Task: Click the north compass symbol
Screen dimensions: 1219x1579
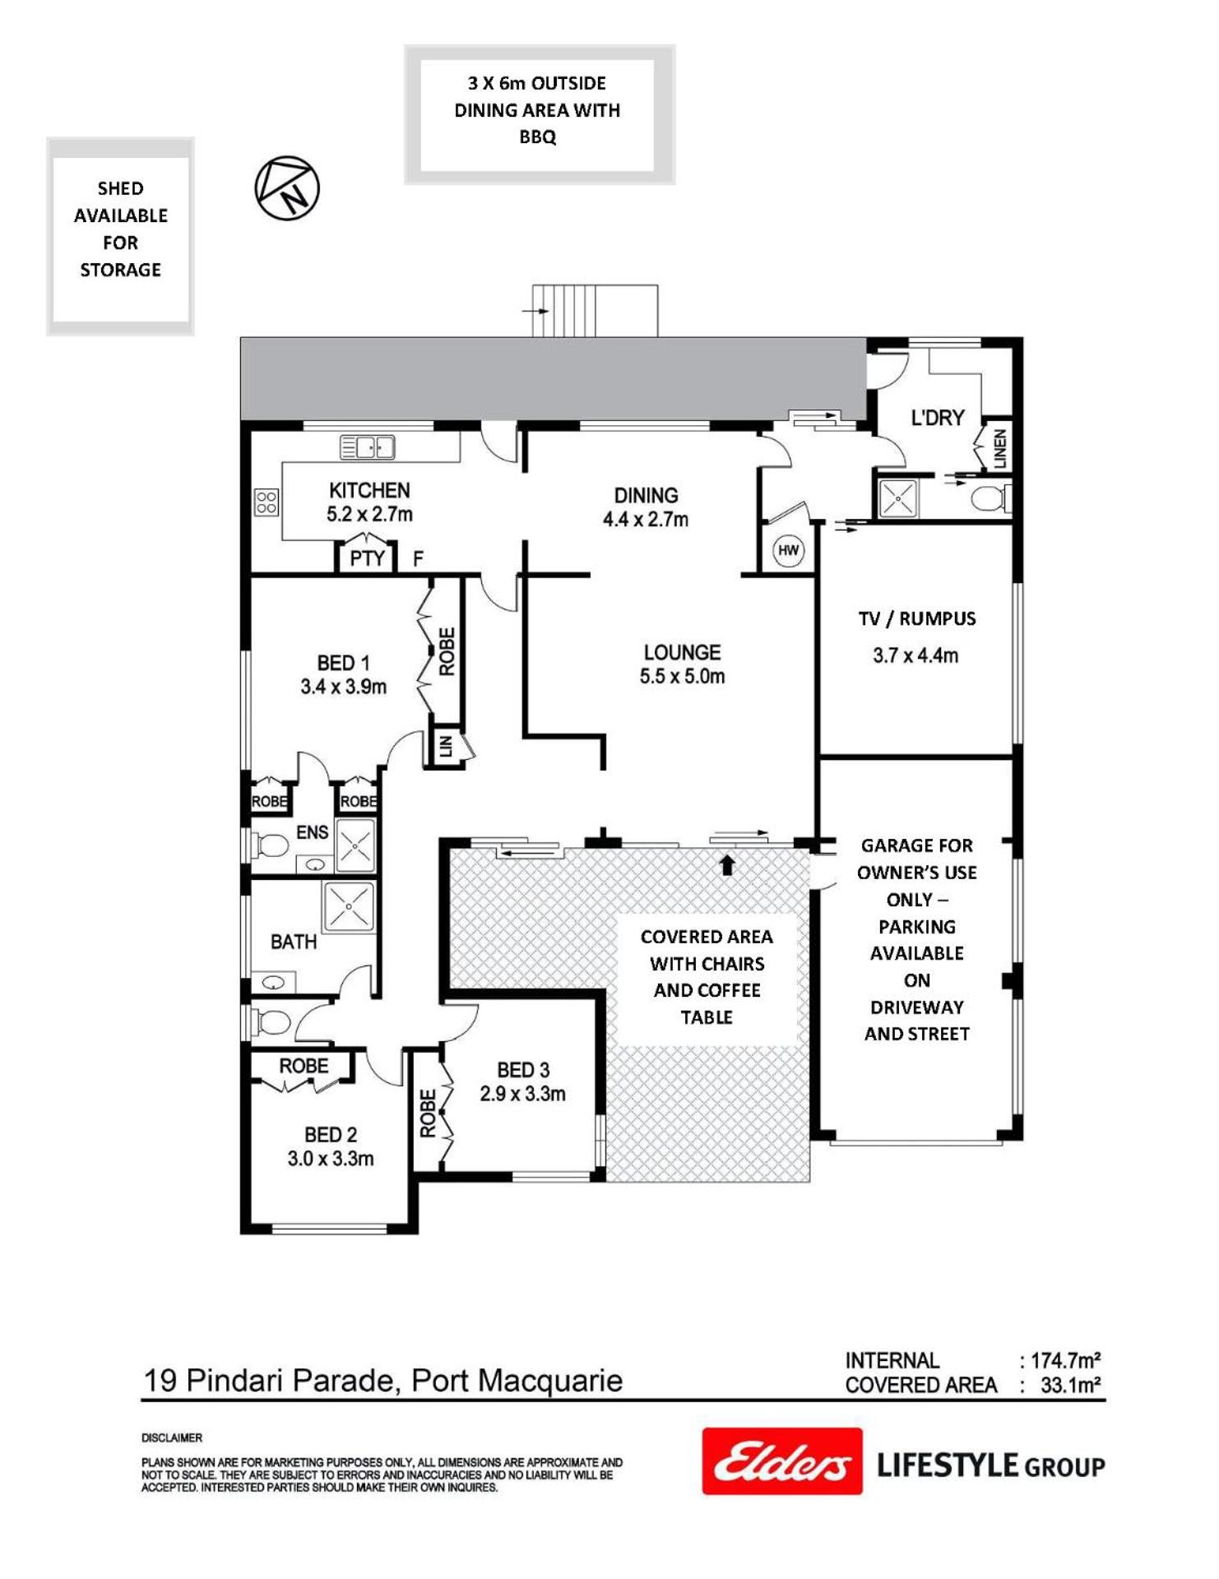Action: coord(287,188)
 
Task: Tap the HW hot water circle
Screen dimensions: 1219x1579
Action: coord(788,550)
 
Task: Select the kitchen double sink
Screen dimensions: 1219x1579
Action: coord(368,447)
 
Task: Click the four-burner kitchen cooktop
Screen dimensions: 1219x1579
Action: coord(267,502)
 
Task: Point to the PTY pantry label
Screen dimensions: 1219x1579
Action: coord(367,558)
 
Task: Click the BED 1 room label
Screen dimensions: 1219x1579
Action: coord(343,663)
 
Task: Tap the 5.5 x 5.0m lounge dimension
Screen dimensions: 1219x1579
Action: coord(682,677)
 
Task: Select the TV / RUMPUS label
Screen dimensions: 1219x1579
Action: coord(917,618)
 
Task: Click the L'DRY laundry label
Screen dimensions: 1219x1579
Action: coord(938,418)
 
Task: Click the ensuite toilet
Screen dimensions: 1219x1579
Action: coord(271,845)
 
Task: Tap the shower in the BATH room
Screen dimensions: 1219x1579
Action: coord(350,906)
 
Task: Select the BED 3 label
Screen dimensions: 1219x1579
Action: coord(523,1070)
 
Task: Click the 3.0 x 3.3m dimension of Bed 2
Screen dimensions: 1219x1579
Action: coord(331,1159)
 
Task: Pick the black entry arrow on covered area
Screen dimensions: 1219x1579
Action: coord(727,864)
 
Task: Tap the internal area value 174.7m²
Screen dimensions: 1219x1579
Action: coord(1066,1361)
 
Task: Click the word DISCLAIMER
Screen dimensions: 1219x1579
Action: coord(172,1438)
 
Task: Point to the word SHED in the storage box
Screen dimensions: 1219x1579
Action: coord(121,188)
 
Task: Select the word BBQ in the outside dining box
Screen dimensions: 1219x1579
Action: coord(537,137)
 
